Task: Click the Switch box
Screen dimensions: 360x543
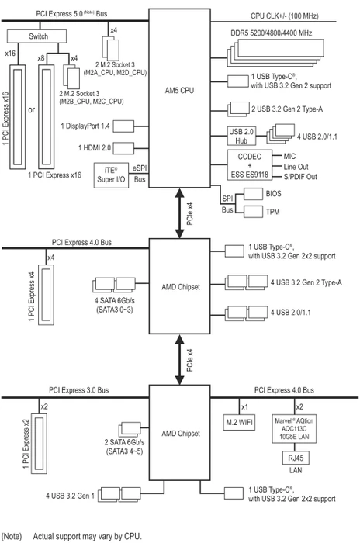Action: tap(36, 36)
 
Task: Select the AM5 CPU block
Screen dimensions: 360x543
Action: tap(179, 99)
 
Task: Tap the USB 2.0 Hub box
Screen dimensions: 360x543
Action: tap(241, 136)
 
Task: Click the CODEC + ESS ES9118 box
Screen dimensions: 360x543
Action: tap(250, 165)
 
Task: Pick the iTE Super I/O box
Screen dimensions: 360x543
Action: tap(111, 175)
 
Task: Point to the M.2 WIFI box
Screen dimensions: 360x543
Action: tap(240, 422)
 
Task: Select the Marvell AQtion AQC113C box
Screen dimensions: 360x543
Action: tap(294, 429)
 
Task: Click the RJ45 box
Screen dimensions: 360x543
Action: tap(296, 458)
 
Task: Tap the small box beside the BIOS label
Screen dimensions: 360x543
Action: tap(253, 194)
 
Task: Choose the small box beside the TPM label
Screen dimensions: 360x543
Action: tap(253, 212)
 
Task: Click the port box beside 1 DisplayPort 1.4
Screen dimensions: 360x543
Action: tap(123, 126)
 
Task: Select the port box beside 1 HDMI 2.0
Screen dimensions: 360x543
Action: tap(123, 148)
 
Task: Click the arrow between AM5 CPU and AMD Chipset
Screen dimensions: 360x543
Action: tap(179, 213)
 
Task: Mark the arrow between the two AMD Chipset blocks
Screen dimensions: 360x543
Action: tap(179, 359)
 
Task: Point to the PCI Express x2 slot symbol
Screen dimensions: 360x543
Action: tap(39, 443)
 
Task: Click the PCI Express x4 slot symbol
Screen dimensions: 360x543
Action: tap(46, 295)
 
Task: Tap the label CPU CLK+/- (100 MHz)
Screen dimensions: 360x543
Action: tap(285, 16)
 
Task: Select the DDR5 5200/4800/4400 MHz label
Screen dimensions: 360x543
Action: tap(272, 33)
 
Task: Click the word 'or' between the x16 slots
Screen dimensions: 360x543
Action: tap(32, 110)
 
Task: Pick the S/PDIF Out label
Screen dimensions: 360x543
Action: tap(300, 177)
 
